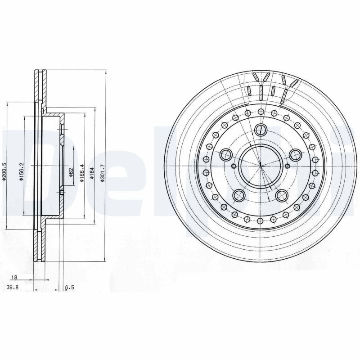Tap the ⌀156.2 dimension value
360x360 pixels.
[x=21, y=172]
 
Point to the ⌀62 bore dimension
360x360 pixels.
[x=71, y=172]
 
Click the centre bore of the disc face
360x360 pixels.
[x=261, y=165]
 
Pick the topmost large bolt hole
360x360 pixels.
[x=261, y=130]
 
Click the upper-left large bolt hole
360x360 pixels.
[x=226, y=156]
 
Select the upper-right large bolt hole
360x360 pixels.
[x=295, y=156]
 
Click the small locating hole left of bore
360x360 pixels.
[x=233, y=166]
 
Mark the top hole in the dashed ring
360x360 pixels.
[x=261, y=111]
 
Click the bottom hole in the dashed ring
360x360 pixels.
[x=261, y=221]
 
